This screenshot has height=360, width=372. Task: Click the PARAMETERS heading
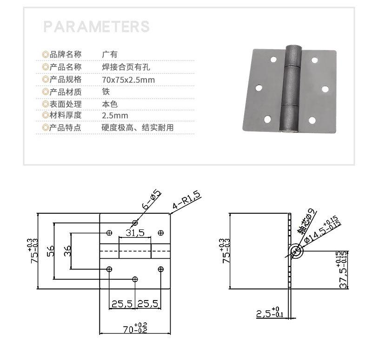coord(97,26)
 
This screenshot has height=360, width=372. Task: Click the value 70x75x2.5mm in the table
coord(128,80)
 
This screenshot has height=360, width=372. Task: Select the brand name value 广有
coord(110,54)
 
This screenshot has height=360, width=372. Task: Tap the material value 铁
coord(106,92)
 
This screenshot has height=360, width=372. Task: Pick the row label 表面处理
coord(66,104)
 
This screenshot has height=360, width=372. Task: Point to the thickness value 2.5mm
coord(115,116)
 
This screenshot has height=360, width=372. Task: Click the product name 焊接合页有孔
coord(126,67)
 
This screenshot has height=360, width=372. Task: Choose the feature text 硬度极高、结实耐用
coord(137,128)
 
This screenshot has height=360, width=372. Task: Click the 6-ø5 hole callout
coord(152,200)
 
